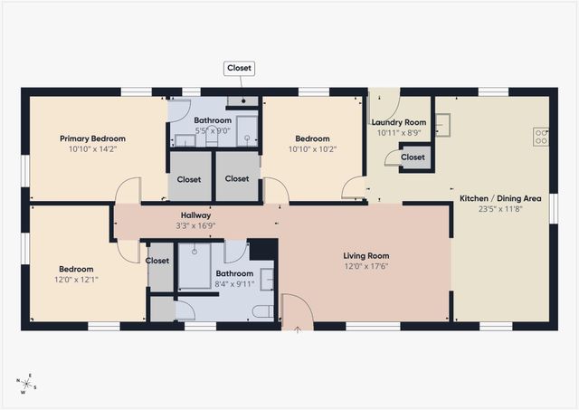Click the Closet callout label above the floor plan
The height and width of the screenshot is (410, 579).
[x=240, y=68]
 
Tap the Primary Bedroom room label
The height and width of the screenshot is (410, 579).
[x=92, y=138]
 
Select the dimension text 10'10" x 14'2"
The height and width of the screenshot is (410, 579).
[x=92, y=149]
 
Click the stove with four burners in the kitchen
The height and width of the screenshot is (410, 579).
[x=541, y=137]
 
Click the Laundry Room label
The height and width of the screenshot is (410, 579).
[x=399, y=122]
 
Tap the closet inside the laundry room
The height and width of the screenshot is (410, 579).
[x=413, y=157]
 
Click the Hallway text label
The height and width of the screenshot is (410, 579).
[x=195, y=215]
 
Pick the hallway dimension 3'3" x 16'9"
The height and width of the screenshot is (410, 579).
[x=195, y=226]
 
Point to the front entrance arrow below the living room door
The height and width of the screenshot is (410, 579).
[x=298, y=329]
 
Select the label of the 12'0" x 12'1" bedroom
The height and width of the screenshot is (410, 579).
[x=77, y=269]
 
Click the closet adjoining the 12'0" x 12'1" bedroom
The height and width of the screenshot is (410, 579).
[x=157, y=261]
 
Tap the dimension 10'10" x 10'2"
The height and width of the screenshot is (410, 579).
[x=312, y=149]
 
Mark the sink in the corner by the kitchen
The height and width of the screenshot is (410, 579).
[x=442, y=123]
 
